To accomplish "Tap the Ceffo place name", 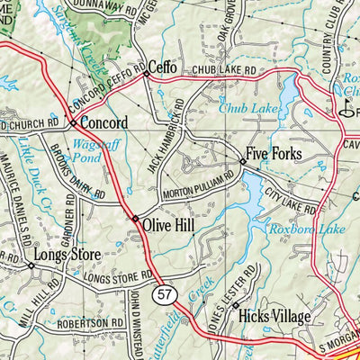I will click(x=163, y=67).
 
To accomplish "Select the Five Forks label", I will click(x=275, y=154).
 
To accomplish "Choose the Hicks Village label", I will click(x=274, y=317).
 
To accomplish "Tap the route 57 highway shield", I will click(x=163, y=293).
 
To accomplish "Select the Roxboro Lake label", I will click(x=308, y=229).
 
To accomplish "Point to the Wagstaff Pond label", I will click(x=88, y=149).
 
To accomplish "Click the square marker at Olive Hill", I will click(x=135, y=219).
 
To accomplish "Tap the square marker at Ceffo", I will click(x=146, y=76).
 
